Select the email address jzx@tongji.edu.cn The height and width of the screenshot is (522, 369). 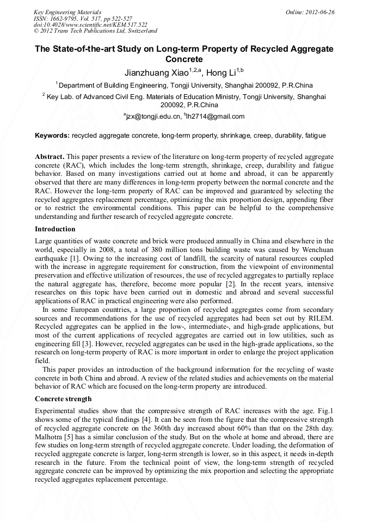(154, 116)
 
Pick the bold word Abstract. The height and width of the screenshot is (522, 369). (50, 156)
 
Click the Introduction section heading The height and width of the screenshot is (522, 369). (55, 229)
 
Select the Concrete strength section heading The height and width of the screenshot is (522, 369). (63, 398)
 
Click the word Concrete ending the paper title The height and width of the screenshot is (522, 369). (184, 59)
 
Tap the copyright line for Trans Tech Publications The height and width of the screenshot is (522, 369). (96, 31)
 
